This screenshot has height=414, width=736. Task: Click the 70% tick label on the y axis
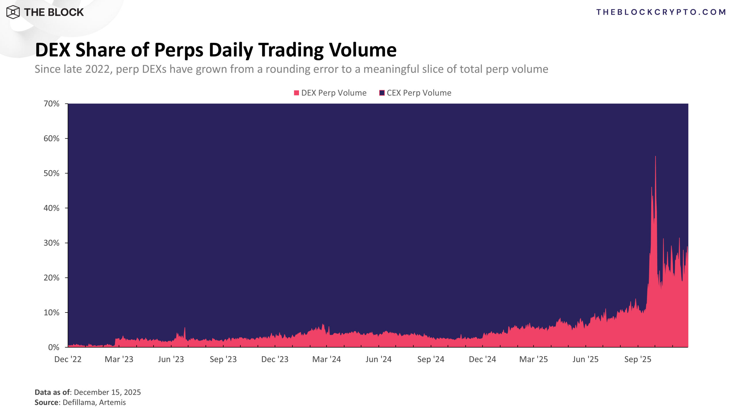tap(51, 103)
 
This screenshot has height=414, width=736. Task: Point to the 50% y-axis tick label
tap(51, 173)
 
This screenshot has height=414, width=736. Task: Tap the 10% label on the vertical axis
tap(51, 313)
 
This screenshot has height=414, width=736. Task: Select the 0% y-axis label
tap(53, 347)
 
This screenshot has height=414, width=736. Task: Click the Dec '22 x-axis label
tap(68, 359)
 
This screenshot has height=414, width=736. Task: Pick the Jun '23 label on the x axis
tap(171, 359)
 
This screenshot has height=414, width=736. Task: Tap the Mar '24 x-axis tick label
tap(327, 359)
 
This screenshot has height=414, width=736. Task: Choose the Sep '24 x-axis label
tap(431, 359)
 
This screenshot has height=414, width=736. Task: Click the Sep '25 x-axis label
tap(638, 359)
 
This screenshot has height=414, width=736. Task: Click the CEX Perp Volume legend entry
tap(415, 93)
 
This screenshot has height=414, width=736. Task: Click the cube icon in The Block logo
tap(13, 12)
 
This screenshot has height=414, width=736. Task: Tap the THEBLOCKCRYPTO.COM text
tap(661, 12)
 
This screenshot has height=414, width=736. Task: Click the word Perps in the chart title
tap(179, 50)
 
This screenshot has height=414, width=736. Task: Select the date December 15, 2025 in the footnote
tap(107, 392)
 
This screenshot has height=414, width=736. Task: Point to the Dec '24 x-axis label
tap(482, 359)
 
